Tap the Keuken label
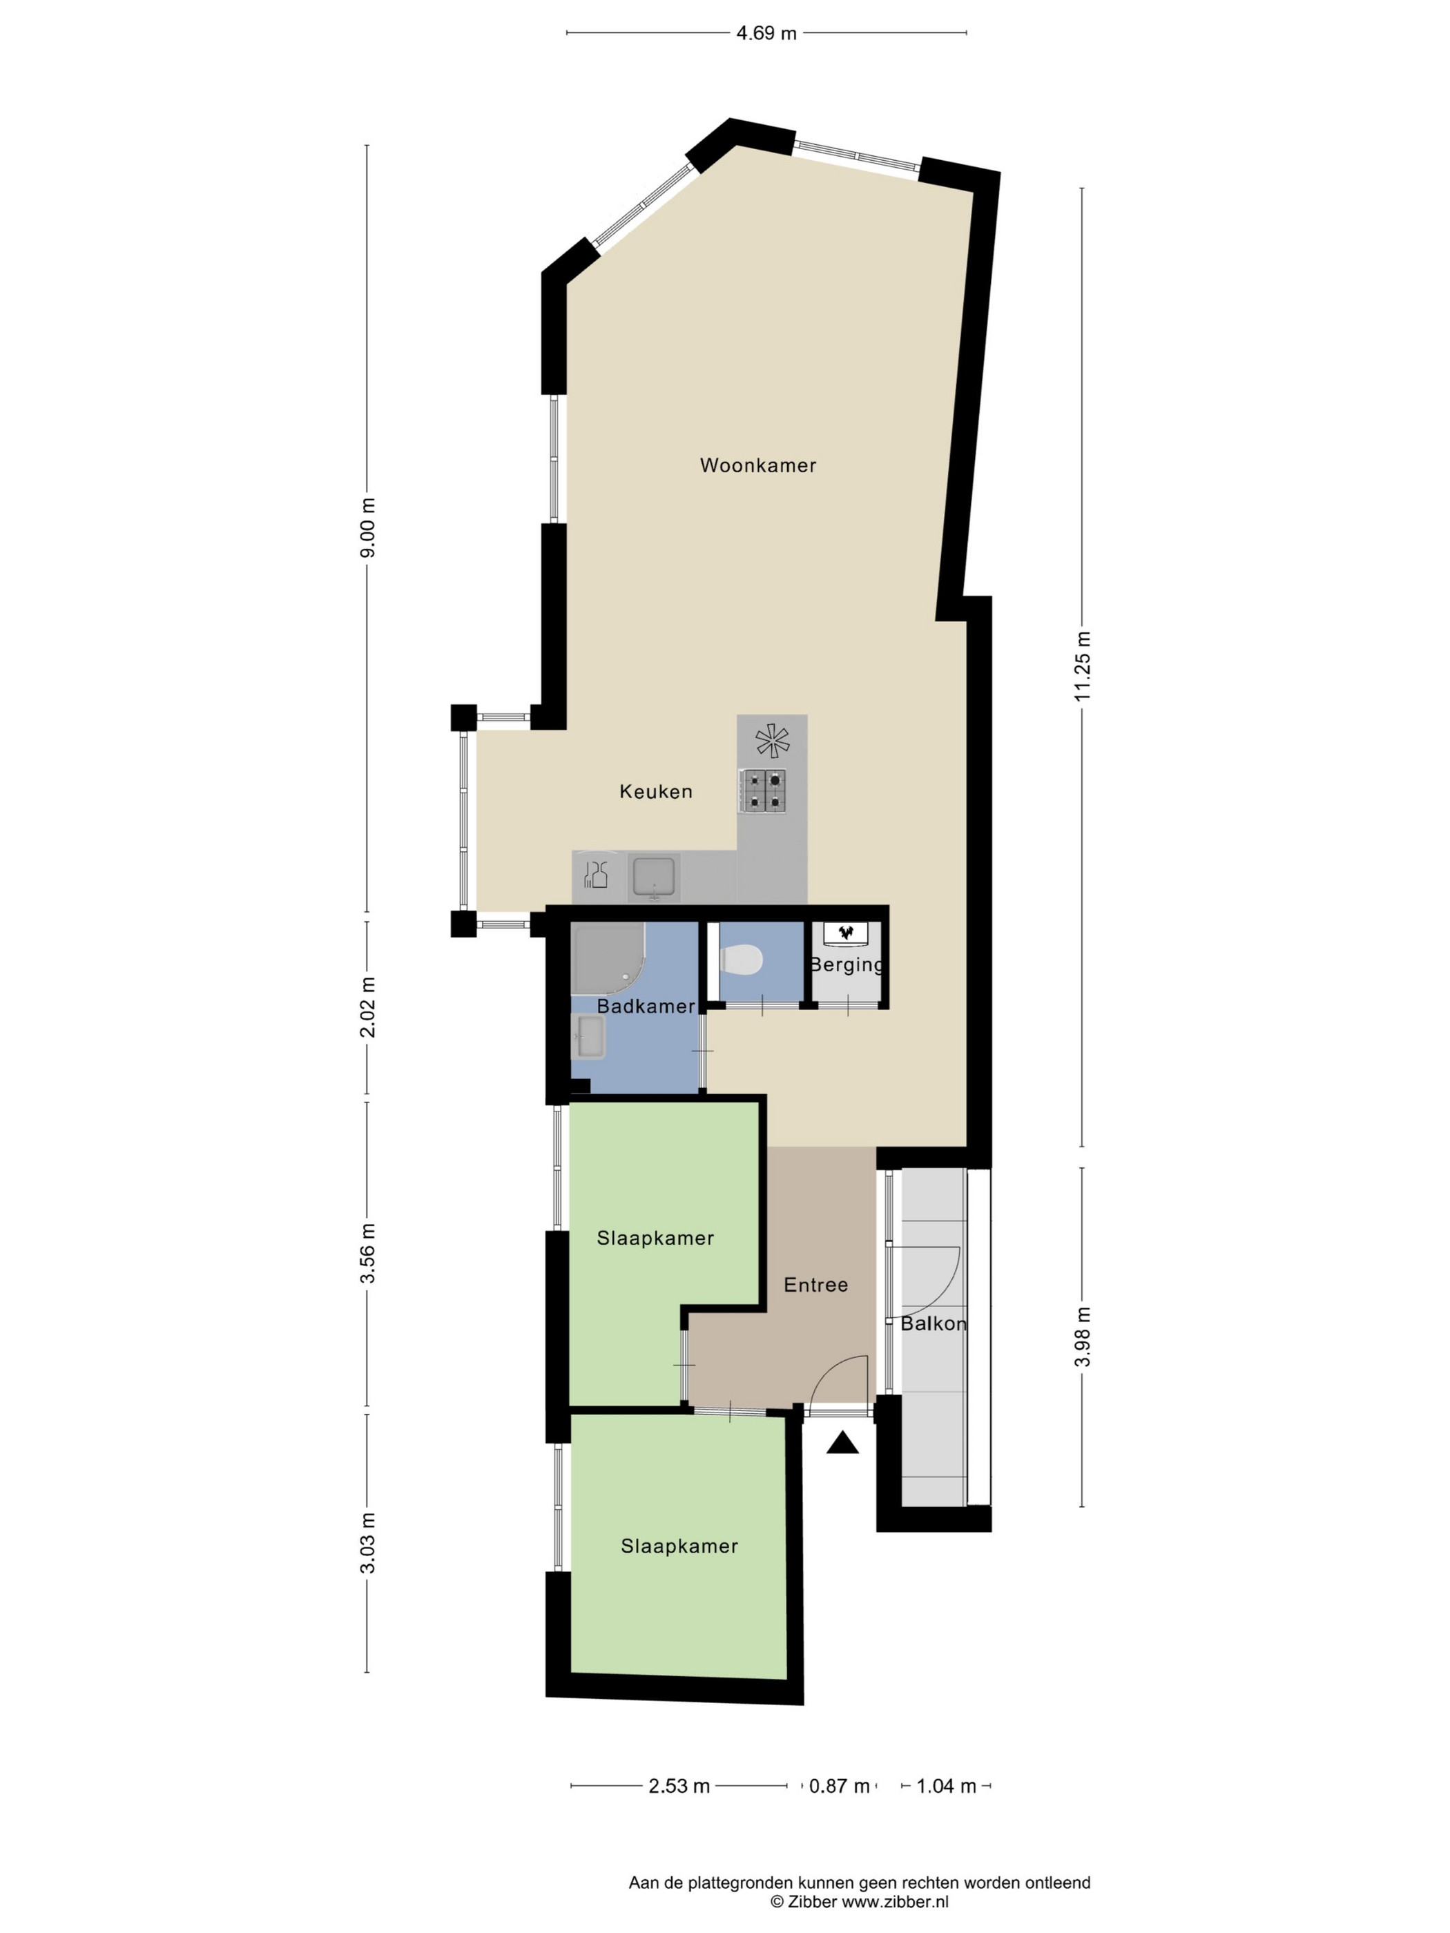tap(655, 792)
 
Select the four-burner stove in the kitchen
tap(763, 790)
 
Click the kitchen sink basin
tap(654, 877)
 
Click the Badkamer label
tap(646, 1007)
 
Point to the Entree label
tap(815, 1285)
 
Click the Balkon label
tap(934, 1324)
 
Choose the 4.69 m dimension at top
tap(766, 34)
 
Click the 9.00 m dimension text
tap(368, 527)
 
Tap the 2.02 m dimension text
tap(368, 1007)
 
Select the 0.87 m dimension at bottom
tap(839, 1786)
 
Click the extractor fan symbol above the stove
tap(772, 741)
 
